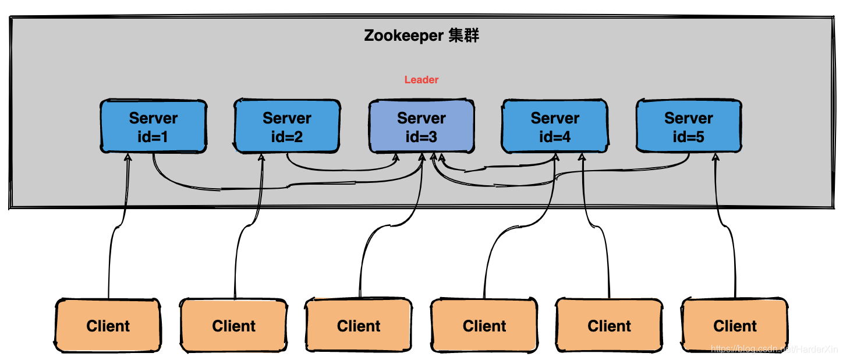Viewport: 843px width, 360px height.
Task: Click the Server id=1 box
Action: [x=153, y=126]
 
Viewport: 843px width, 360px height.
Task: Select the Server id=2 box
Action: [x=287, y=126]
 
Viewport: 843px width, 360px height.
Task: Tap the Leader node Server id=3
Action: [x=421, y=126]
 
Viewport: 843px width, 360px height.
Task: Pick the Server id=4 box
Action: [x=555, y=126]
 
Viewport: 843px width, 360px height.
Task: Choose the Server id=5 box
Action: [x=689, y=126]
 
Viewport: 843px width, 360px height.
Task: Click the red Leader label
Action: [x=421, y=80]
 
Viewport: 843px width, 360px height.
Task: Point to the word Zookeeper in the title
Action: [x=404, y=36]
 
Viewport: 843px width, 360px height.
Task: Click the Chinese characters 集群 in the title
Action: [x=464, y=36]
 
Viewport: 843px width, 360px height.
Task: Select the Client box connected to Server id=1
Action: [x=108, y=326]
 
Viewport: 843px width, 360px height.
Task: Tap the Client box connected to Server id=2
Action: [x=233, y=326]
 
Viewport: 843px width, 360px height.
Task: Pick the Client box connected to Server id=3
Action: [x=359, y=326]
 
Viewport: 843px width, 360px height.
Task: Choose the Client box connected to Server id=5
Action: [x=735, y=326]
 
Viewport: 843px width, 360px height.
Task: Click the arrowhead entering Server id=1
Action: [x=128, y=157]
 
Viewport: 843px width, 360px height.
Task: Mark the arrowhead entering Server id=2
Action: [x=261, y=157]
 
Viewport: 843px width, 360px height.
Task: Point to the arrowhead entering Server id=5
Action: [x=716, y=157]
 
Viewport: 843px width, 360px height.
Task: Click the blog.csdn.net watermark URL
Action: [x=774, y=349]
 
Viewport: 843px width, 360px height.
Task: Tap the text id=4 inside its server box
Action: [x=555, y=137]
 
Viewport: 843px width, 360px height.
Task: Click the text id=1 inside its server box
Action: [x=153, y=137]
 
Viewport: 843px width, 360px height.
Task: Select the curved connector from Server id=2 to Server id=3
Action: [x=341, y=170]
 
